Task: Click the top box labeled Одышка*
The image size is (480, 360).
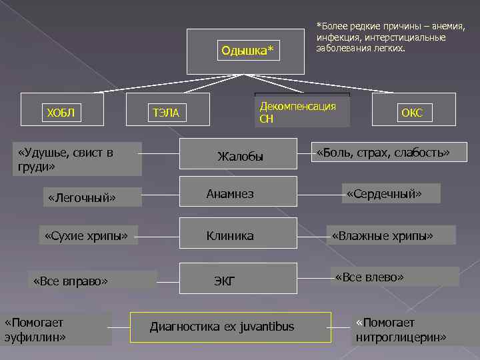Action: [x=247, y=51]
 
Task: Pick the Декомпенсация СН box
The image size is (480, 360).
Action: [x=301, y=111]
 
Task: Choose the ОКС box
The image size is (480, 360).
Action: [x=414, y=111]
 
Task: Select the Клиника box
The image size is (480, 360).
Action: [x=239, y=235]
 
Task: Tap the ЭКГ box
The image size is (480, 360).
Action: [x=239, y=281]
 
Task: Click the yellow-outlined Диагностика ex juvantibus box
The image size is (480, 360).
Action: [x=231, y=326]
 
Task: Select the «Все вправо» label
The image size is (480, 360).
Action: [x=93, y=281]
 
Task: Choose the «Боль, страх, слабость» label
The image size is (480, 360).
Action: [x=383, y=153]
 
